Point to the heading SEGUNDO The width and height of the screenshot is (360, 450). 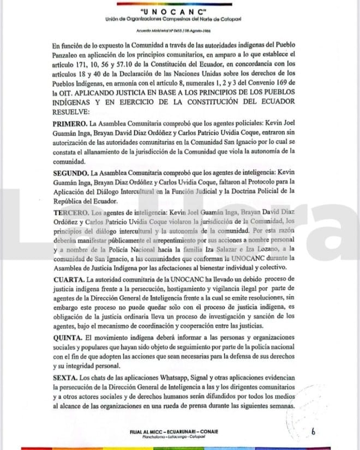tap(73, 172)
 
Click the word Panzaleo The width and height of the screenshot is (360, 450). tap(69, 56)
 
